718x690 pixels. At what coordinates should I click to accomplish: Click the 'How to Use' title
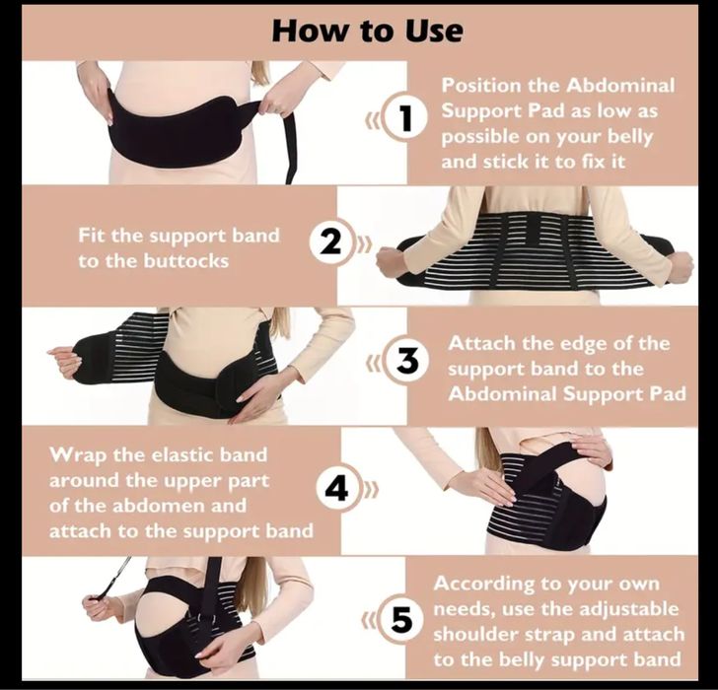[367, 32]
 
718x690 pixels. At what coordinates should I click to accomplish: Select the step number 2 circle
[330, 242]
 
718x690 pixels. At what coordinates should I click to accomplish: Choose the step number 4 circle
[338, 490]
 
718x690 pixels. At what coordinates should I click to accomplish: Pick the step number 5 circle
[401, 621]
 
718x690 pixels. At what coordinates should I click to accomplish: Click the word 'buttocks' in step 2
[185, 261]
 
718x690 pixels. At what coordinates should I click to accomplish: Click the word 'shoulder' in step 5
[475, 635]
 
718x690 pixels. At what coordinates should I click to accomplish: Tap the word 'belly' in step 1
[630, 137]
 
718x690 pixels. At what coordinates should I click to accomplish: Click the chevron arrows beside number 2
[364, 243]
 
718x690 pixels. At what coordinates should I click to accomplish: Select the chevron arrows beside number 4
[372, 491]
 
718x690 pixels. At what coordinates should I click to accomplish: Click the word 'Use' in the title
[434, 32]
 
